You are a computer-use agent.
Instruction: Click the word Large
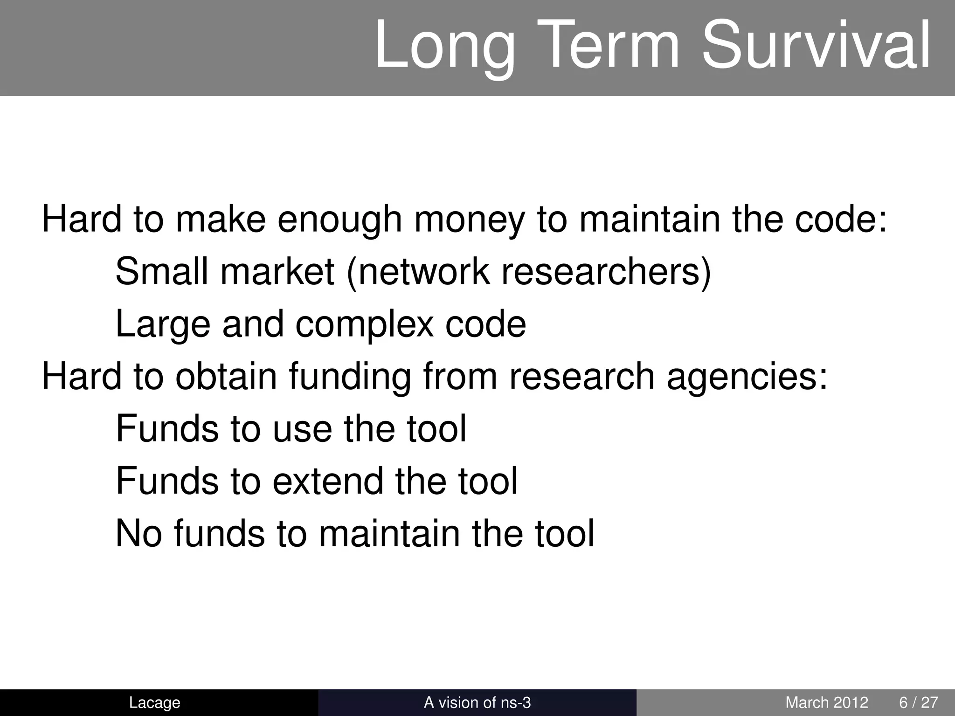[163, 325]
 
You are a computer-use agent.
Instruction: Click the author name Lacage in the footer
[154, 702]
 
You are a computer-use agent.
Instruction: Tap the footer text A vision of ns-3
[477, 702]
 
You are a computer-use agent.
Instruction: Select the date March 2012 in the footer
[826, 702]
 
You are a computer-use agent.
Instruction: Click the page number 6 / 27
[918, 702]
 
